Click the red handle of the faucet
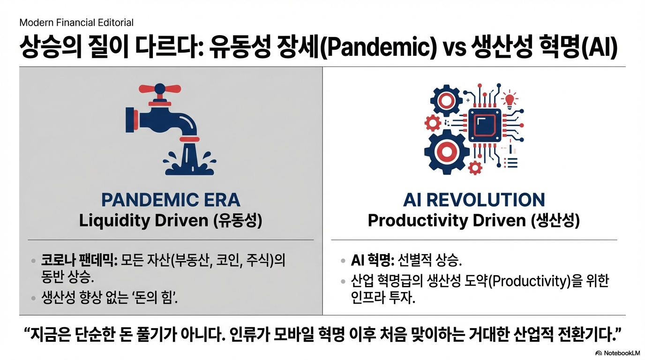click(160, 89)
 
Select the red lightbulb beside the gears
click(510, 100)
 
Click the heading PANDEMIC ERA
click(171, 200)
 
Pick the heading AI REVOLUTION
click(474, 200)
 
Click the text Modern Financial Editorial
click(76, 22)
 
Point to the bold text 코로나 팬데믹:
click(79, 260)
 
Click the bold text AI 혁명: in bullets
click(373, 260)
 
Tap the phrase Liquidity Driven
click(143, 221)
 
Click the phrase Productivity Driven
click(447, 221)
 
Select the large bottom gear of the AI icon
click(446, 152)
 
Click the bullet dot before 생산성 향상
click(33, 298)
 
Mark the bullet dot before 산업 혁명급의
click(343, 281)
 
